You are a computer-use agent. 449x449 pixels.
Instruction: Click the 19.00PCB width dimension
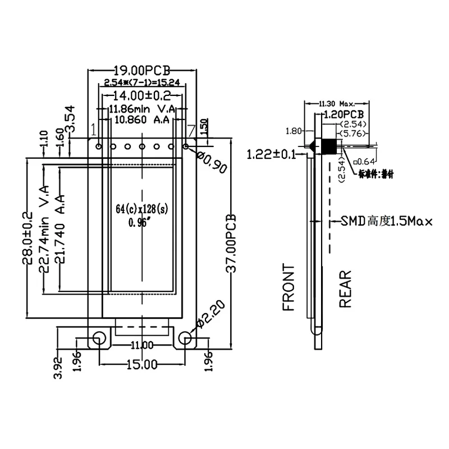pyautogui.click(x=141, y=71)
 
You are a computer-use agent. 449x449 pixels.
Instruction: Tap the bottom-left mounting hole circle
pyautogui.click(x=99, y=338)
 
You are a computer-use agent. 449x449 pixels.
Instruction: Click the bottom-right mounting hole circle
pyautogui.click(x=185, y=338)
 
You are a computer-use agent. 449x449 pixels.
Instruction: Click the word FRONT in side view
pyautogui.click(x=288, y=287)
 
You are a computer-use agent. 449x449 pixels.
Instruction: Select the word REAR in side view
pyautogui.click(x=345, y=288)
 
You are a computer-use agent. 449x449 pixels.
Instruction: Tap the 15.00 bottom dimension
pyautogui.click(x=141, y=365)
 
